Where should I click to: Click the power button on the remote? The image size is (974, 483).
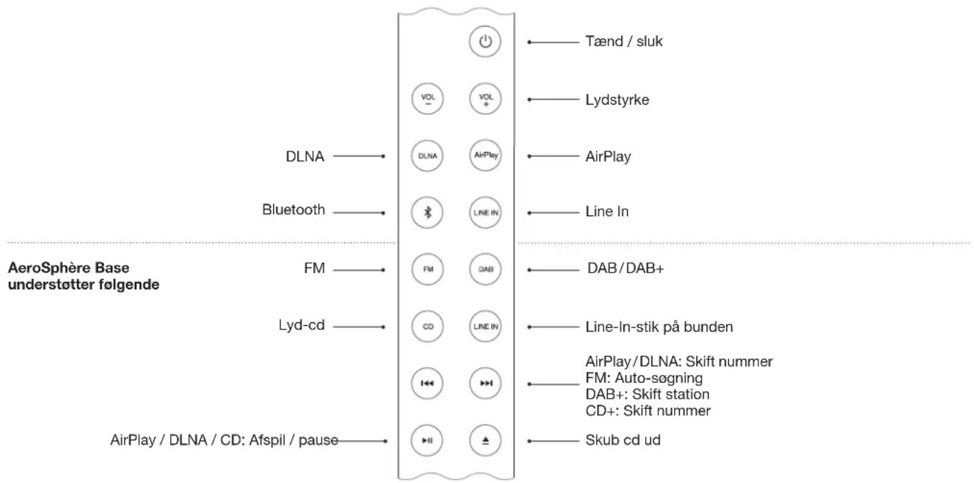pyautogui.click(x=484, y=42)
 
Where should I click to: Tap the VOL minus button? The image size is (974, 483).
pyautogui.click(x=427, y=99)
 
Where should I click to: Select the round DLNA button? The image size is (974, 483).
pyautogui.click(x=427, y=155)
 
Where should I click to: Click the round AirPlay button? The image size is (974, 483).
pyautogui.click(x=484, y=155)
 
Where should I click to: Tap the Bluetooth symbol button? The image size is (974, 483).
pyautogui.click(x=427, y=212)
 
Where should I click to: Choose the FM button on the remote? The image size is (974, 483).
pyautogui.click(x=427, y=269)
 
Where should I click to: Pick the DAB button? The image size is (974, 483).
pyautogui.click(x=484, y=269)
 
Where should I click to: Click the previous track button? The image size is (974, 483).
pyautogui.click(x=427, y=383)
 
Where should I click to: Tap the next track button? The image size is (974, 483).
pyautogui.click(x=484, y=383)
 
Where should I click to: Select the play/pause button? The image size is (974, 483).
pyautogui.click(x=427, y=440)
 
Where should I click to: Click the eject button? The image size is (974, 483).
pyautogui.click(x=484, y=440)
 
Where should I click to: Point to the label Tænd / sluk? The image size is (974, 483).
pyautogui.click(x=623, y=42)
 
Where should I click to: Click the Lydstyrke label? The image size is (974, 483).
pyautogui.click(x=616, y=99)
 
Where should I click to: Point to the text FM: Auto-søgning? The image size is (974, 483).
pyautogui.click(x=643, y=376)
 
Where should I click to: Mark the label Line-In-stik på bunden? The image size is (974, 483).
pyautogui.click(x=658, y=327)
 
